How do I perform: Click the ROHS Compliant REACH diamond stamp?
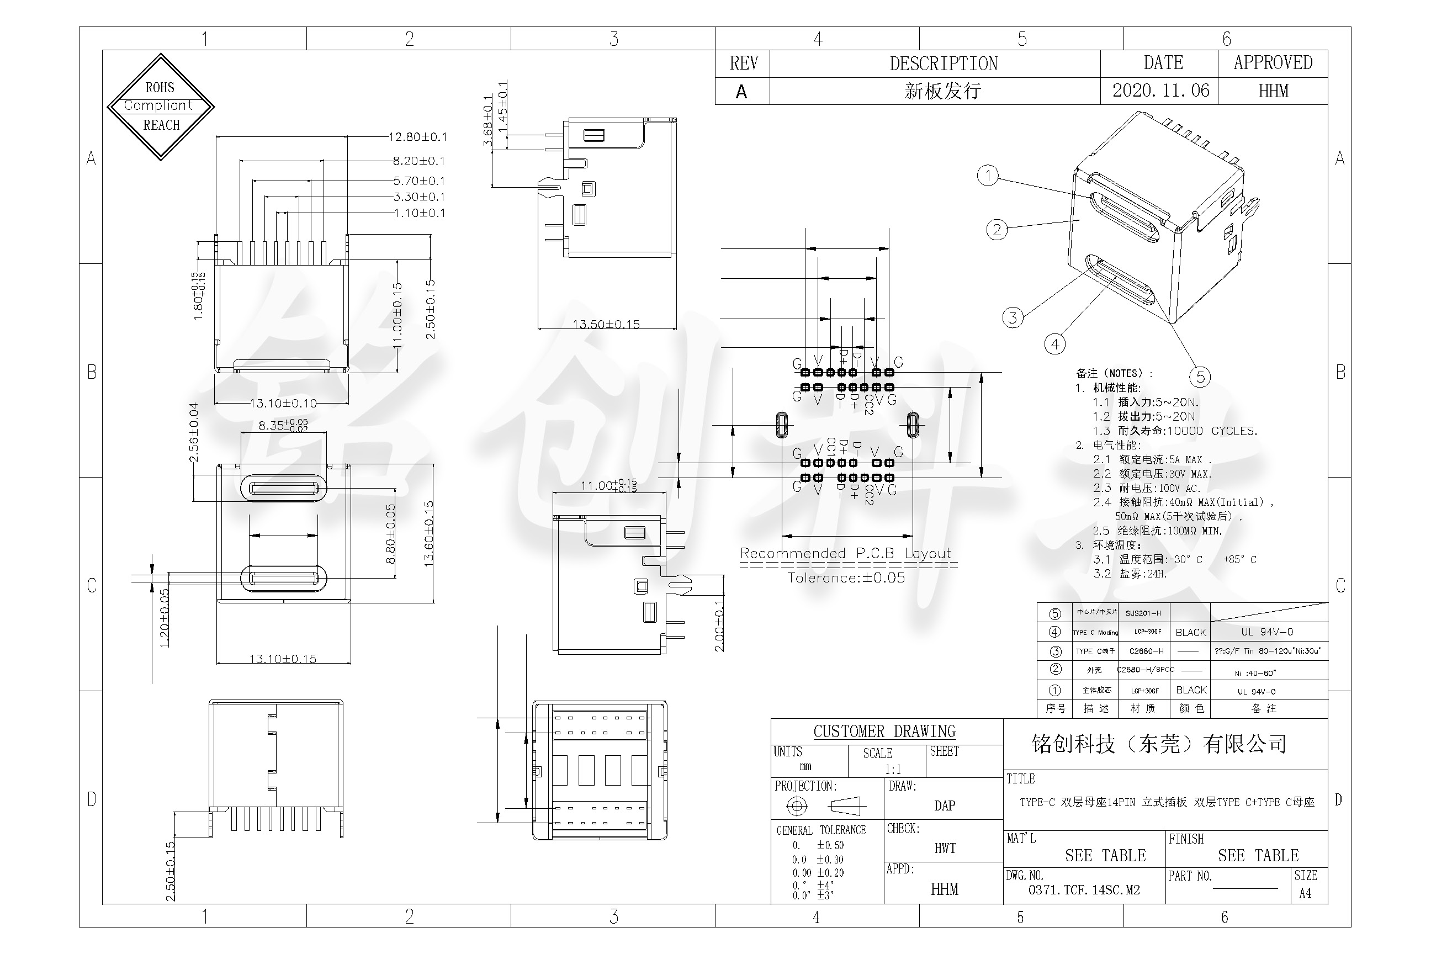click(x=161, y=107)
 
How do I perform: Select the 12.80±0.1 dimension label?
click(x=418, y=137)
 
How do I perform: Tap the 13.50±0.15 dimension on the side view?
click(x=606, y=324)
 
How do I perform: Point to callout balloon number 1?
click(x=988, y=176)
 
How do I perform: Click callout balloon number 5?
click(x=1200, y=377)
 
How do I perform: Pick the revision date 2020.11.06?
click(x=1161, y=91)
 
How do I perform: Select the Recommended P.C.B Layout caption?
click(x=845, y=554)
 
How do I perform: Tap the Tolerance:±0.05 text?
click(x=846, y=578)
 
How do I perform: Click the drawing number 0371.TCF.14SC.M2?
click(x=1084, y=889)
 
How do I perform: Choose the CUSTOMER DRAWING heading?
click(x=884, y=732)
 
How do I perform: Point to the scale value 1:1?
click(x=893, y=769)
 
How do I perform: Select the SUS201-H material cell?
click(x=1143, y=613)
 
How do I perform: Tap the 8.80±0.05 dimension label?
click(x=391, y=533)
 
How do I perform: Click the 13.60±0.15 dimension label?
click(x=429, y=533)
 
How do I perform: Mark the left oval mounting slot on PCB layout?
click(x=782, y=425)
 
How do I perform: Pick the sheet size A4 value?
click(x=1305, y=893)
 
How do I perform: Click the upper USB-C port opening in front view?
click(x=284, y=488)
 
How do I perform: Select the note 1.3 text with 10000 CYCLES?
click(x=1174, y=431)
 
